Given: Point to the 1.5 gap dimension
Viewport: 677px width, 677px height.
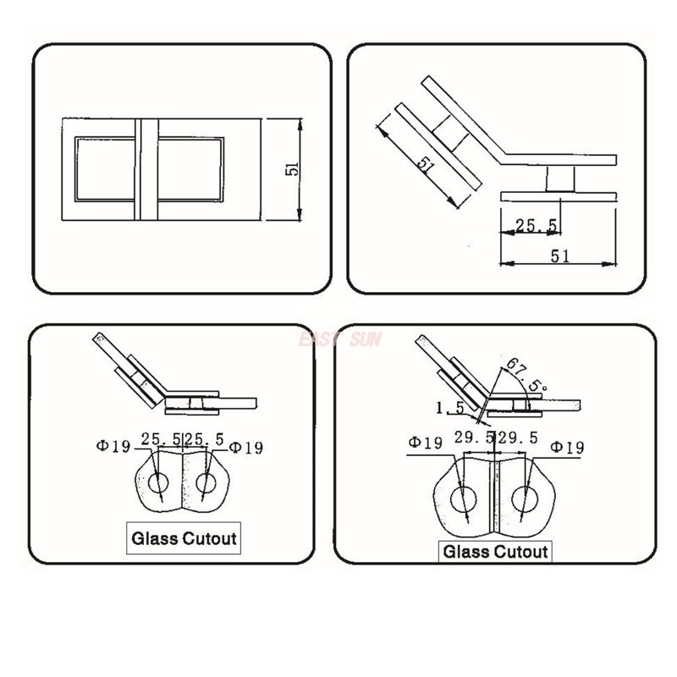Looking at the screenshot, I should click(449, 408).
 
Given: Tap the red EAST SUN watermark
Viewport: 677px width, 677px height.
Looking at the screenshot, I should click(340, 339).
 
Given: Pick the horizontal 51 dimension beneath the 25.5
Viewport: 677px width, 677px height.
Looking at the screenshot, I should click(559, 256).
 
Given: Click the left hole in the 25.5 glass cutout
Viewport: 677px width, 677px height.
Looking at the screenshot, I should click(158, 483).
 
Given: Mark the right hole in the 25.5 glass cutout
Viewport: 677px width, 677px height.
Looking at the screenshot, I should click(206, 483).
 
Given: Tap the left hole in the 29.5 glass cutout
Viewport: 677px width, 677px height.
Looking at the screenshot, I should click(463, 499).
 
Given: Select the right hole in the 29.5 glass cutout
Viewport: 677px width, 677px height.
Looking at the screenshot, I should click(524, 499).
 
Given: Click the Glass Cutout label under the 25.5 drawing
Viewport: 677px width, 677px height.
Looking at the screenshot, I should click(183, 537).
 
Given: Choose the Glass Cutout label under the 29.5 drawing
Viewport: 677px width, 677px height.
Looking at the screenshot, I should click(496, 552).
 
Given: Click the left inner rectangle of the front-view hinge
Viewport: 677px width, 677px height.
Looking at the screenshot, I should click(106, 168).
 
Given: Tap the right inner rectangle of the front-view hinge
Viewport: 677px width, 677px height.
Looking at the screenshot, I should click(190, 168).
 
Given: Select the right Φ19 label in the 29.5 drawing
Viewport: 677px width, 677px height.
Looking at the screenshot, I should click(567, 446).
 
